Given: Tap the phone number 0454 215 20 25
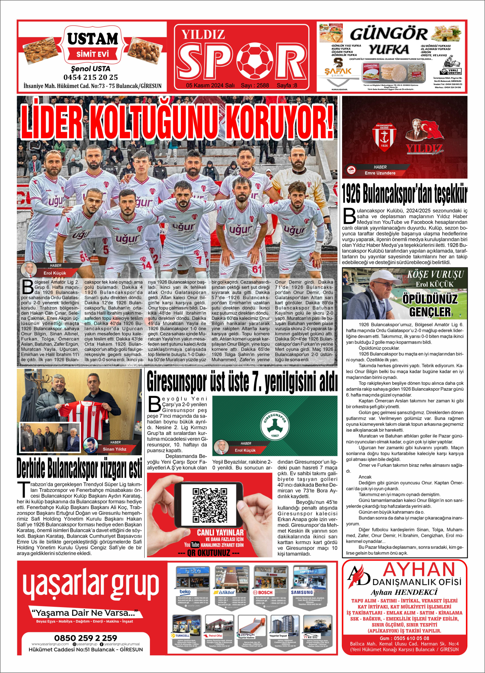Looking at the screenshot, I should point(91,77).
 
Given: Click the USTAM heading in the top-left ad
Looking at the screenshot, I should point(93,39).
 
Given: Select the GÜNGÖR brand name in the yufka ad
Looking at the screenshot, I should point(388,34).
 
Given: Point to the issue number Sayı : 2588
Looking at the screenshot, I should point(255,85).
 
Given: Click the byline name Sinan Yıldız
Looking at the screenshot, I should point(114,449).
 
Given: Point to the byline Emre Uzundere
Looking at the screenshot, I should point(380,173).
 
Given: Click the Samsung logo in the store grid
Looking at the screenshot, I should point(302,592).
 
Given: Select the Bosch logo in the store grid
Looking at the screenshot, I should point(262,592).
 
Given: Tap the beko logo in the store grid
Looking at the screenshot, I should point(185,592).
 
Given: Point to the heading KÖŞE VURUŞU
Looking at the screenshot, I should point(435,275).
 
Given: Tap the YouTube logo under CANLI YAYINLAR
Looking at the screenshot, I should point(192,545).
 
